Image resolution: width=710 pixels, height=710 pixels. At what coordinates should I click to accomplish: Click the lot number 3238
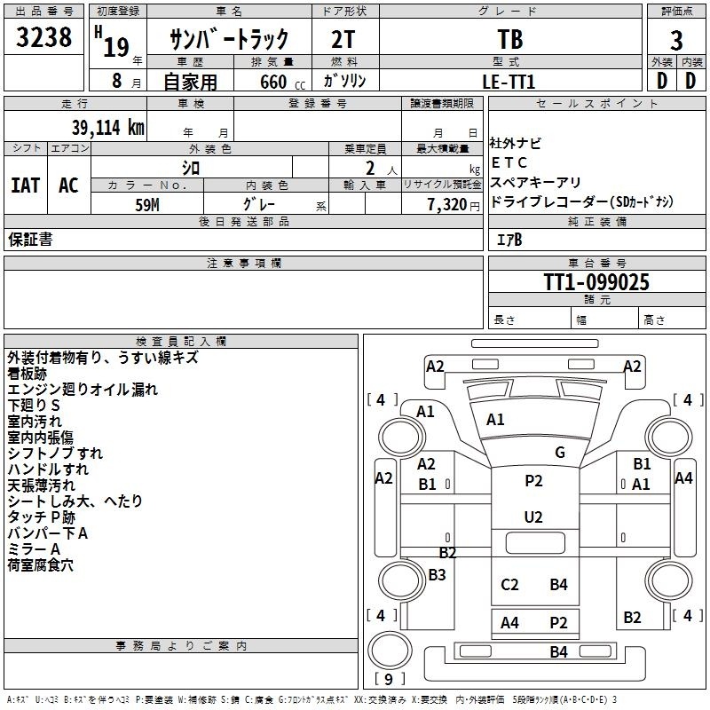point(44,39)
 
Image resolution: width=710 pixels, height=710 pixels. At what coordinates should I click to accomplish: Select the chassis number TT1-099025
point(596,282)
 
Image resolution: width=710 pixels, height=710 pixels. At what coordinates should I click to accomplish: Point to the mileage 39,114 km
point(102,127)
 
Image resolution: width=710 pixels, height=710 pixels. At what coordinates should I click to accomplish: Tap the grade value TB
point(510,40)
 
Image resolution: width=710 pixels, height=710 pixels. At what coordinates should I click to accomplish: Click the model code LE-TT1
point(509,82)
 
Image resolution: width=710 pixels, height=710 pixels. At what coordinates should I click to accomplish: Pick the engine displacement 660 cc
point(273,83)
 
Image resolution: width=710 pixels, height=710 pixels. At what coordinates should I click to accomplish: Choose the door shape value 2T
point(344,40)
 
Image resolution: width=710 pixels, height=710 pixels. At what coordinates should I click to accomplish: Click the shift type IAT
point(26,185)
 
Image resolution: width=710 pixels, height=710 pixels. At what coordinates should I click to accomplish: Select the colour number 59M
point(147,204)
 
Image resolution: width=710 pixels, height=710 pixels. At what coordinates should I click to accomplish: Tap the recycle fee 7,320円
point(441,205)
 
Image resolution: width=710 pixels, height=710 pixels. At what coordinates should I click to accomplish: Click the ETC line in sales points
point(509,162)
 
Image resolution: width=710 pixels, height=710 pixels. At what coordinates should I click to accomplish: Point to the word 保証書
point(30,239)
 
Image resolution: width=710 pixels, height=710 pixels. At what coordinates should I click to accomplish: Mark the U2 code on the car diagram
point(532,517)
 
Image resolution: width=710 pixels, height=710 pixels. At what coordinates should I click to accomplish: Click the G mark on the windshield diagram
point(559,452)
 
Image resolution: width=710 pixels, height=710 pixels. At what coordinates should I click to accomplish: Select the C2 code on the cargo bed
point(509,584)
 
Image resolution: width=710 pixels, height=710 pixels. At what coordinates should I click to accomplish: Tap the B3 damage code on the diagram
point(437,575)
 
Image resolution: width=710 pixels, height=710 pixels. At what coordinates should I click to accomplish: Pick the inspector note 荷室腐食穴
point(41,564)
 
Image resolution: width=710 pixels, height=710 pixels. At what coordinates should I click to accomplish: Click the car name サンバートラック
point(229,41)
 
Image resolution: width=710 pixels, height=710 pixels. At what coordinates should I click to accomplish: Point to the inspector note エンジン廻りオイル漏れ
point(83,389)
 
